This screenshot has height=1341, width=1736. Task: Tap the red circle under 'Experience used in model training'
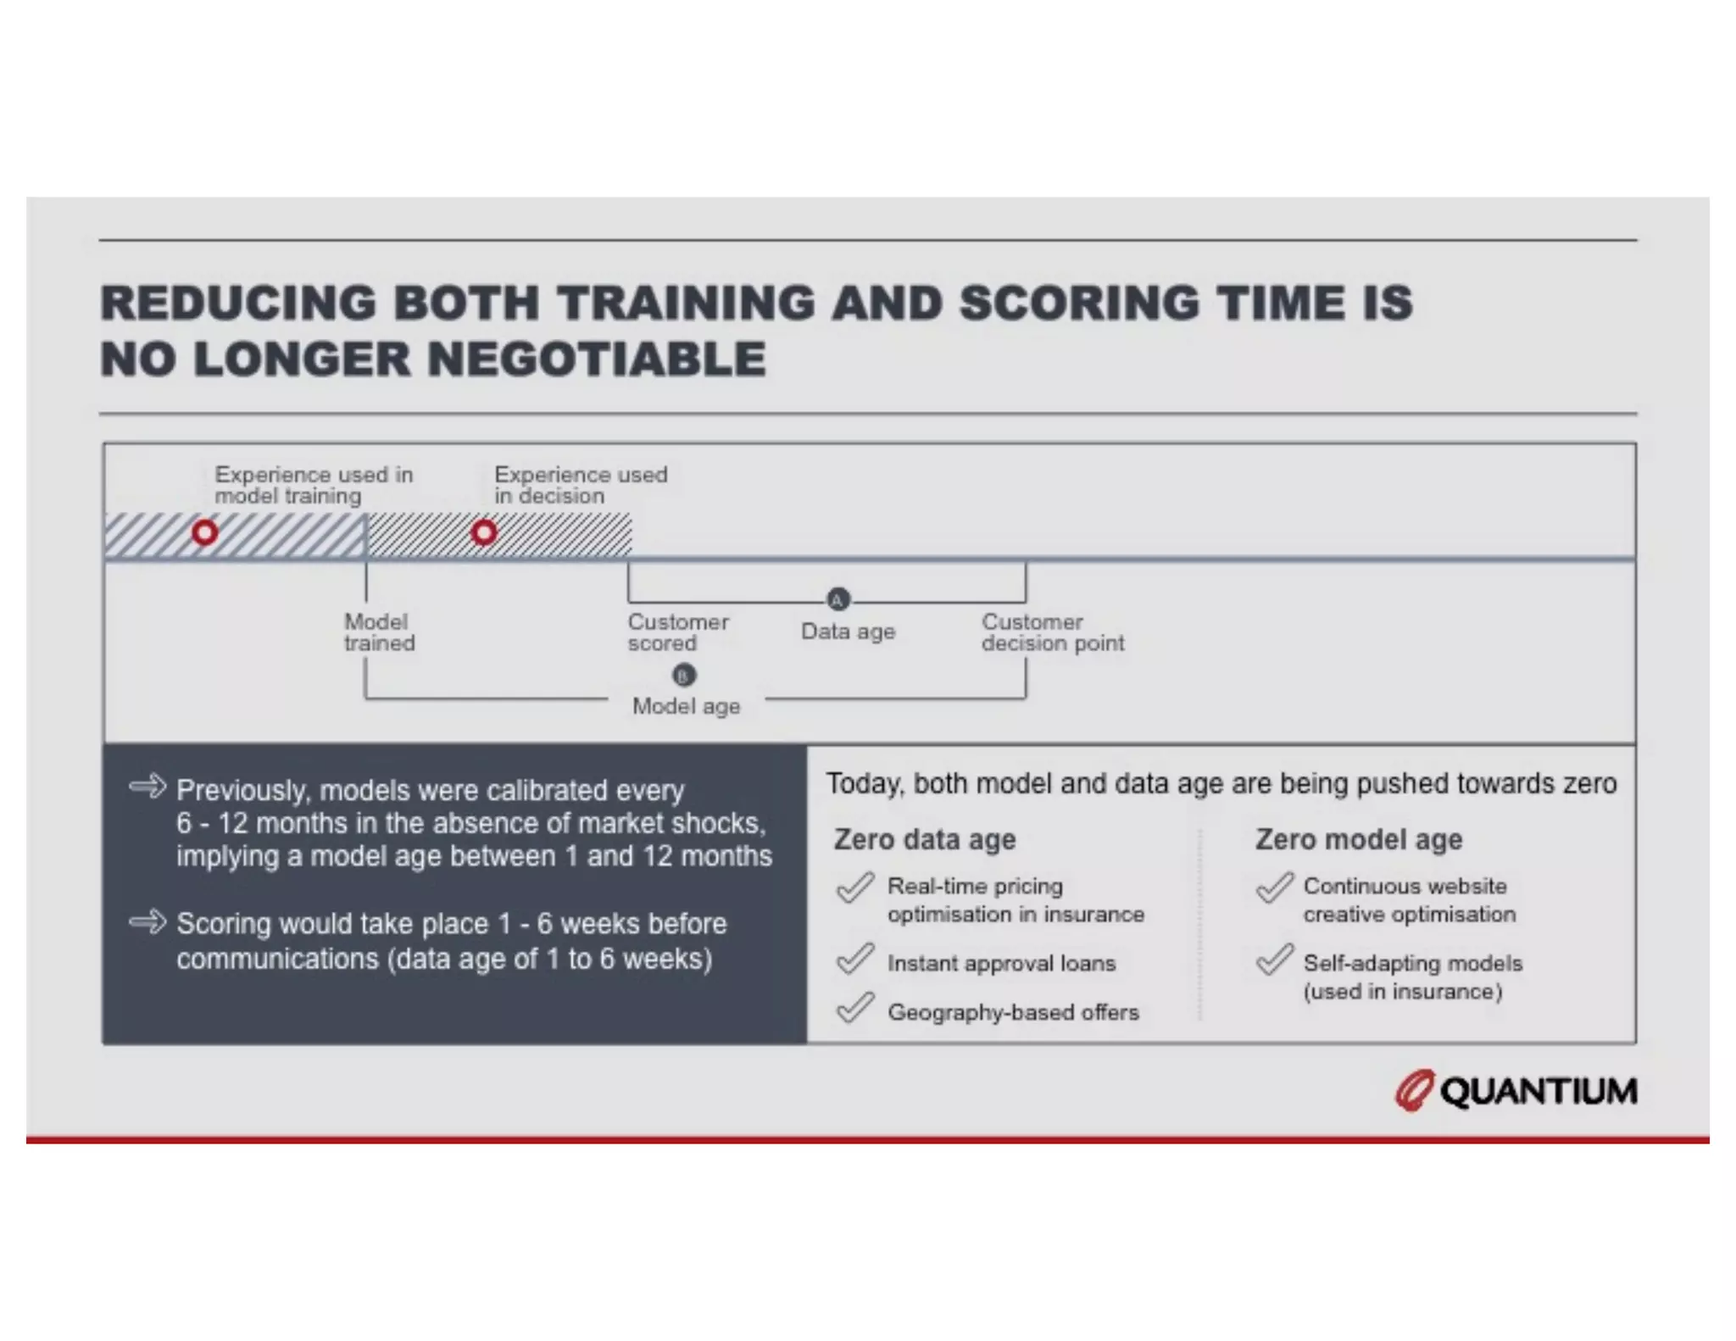pos(204,533)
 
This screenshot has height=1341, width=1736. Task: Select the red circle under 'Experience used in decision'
pos(484,533)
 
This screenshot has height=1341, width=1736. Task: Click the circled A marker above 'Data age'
pos(837,600)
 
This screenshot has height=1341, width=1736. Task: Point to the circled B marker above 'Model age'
pos(684,676)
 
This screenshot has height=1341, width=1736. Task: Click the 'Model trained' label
pos(379,632)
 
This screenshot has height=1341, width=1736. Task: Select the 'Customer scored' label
pos(677,632)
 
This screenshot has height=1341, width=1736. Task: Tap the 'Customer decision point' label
pos(1052,632)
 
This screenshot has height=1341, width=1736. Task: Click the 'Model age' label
pos(686,706)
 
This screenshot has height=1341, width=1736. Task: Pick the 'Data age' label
pos(848,632)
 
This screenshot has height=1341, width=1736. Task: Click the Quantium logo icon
pos(1414,1090)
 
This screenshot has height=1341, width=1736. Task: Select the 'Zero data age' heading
pos(924,839)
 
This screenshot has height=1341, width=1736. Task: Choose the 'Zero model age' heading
pos(1358,839)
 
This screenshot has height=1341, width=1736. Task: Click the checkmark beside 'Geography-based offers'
pos(854,1008)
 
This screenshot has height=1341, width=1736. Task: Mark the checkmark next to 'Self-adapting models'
pos(1274,960)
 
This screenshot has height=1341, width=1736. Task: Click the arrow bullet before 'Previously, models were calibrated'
pos(147,787)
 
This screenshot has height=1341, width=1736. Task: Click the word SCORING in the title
pos(1079,303)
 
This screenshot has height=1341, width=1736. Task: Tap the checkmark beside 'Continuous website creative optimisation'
pos(1274,888)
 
